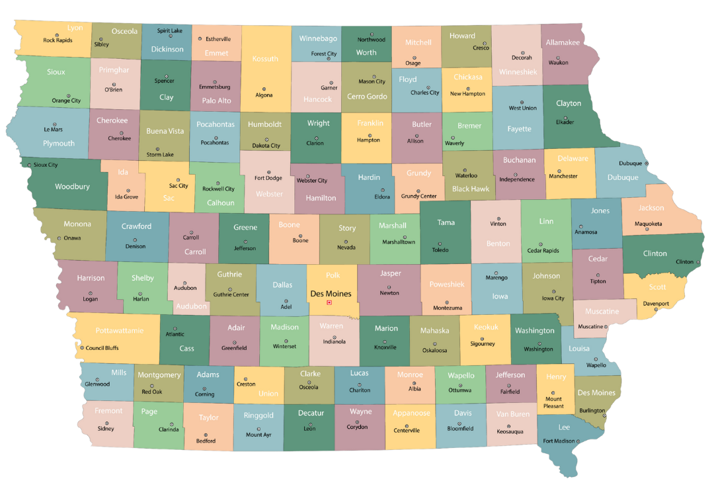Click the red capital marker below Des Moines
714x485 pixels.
click(x=329, y=303)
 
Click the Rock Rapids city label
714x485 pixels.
click(x=58, y=40)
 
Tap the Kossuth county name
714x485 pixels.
click(x=265, y=59)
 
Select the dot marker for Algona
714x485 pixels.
click(x=264, y=89)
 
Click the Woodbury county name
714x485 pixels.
click(x=72, y=187)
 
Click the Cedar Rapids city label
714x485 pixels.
click(x=543, y=251)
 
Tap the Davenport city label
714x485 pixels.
click(x=656, y=304)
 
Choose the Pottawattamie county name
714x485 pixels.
click(x=120, y=330)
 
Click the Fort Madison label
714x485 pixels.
click(x=559, y=441)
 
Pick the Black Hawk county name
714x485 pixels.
click(x=471, y=189)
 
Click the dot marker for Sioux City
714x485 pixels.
click(x=29, y=165)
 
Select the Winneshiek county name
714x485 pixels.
click(x=518, y=71)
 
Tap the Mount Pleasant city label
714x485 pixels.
click(x=553, y=402)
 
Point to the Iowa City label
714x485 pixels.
click(x=553, y=298)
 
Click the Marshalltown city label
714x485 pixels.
click(x=399, y=242)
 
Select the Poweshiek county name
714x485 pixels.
click(x=447, y=284)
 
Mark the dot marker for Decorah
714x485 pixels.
click(x=522, y=50)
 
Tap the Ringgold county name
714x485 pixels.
click(x=258, y=416)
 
